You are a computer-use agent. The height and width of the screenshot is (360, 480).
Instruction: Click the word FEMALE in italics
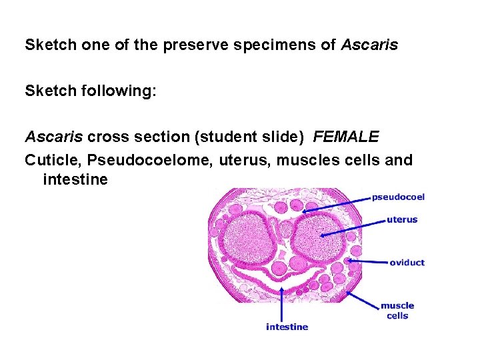[x=346, y=137]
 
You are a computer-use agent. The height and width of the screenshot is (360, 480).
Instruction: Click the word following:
[x=124, y=91]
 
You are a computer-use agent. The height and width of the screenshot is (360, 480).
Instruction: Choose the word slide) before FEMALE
[x=286, y=137]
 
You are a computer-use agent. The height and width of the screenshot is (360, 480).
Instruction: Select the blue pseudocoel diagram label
[x=398, y=197]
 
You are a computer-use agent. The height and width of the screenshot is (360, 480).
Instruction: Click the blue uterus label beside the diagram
[x=402, y=219]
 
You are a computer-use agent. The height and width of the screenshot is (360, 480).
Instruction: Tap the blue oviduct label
[x=407, y=263]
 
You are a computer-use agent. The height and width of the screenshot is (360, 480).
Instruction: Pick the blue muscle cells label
[x=397, y=311]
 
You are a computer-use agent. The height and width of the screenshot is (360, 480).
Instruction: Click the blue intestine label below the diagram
[x=287, y=327]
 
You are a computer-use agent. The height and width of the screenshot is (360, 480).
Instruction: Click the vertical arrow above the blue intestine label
[x=283, y=303]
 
